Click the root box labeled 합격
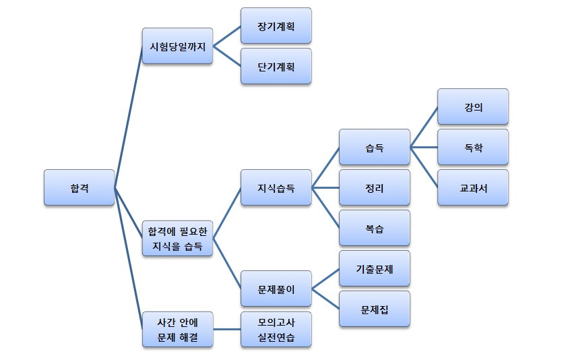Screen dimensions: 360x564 79,187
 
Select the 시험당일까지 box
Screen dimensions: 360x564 178,47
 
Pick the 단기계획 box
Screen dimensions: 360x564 276,66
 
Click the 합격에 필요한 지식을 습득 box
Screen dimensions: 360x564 178,239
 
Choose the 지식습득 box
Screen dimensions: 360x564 276,187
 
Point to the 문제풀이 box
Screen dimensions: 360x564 276,289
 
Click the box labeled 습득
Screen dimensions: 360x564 375,147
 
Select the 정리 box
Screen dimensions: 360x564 375,187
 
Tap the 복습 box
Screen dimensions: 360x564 375,228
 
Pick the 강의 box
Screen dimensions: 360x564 473,107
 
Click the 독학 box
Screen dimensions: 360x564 473,147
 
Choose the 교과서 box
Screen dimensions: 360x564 473,187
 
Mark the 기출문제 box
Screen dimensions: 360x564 375,268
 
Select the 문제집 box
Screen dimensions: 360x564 375,309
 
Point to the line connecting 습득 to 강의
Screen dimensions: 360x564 424,127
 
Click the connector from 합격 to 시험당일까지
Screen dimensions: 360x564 128,117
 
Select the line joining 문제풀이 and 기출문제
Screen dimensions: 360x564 325,278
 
